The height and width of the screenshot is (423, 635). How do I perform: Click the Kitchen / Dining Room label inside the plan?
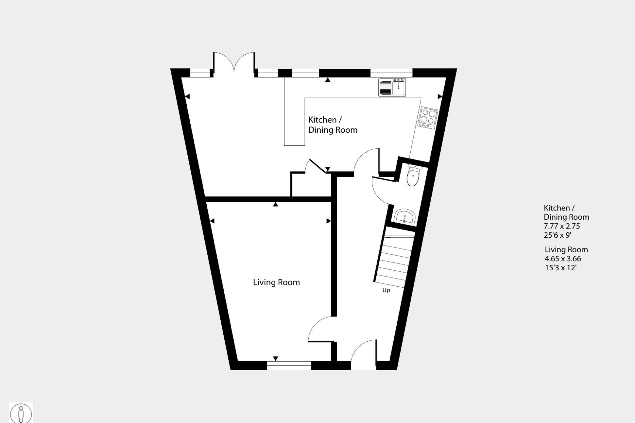point(333,125)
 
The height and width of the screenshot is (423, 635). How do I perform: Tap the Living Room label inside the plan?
point(276,282)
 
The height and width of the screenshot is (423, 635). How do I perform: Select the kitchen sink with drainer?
point(392,88)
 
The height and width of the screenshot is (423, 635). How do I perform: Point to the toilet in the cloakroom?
point(413,177)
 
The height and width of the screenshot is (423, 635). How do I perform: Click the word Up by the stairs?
point(386,290)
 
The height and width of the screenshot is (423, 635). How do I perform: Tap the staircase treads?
point(394,260)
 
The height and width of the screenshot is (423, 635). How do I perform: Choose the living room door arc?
point(320,329)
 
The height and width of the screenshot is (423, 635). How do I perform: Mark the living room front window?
point(289,365)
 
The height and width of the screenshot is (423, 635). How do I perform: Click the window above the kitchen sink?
point(391,73)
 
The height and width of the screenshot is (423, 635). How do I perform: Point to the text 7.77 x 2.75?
point(562,226)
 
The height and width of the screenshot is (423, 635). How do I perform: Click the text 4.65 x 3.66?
point(563,259)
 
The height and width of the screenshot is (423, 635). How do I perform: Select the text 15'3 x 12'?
point(560,268)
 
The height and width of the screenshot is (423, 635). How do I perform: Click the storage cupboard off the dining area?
point(311,185)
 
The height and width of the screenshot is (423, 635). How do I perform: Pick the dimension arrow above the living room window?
point(276,359)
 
